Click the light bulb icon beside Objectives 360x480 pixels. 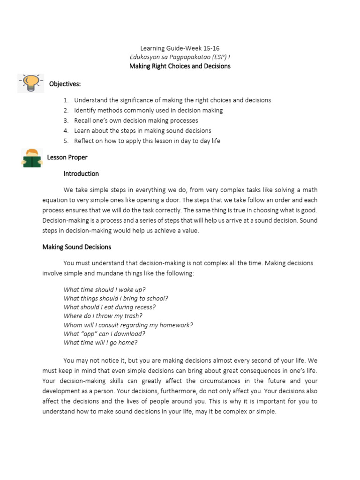click(x=31, y=83)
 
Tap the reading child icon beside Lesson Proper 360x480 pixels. click(x=32, y=157)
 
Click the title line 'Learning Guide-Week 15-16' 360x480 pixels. click(x=180, y=48)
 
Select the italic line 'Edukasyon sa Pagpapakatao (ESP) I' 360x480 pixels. click(x=180, y=57)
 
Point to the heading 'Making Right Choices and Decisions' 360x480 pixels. click(x=180, y=66)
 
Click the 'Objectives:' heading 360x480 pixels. click(x=65, y=84)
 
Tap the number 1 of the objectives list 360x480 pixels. click(x=66, y=100)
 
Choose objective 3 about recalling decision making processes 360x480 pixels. click(x=136, y=120)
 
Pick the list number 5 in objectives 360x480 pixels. click(x=66, y=141)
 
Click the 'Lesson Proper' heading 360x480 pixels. click(x=67, y=157)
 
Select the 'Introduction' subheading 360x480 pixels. click(x=81, y=174)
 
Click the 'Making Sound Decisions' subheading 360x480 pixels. click(x=77, y=247)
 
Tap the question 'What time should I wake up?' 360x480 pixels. click(x=108, y=290)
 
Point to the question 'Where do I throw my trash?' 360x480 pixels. click(x=103, y=316)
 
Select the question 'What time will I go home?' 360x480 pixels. click(x=101, y=343)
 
